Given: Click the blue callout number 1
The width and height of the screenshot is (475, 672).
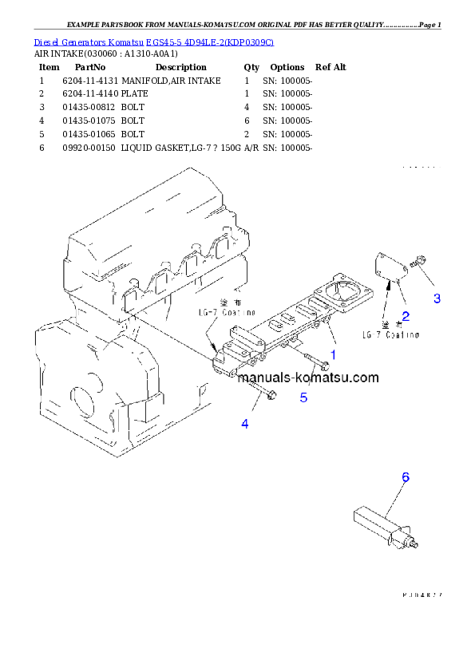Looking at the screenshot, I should click(x=333, y=353).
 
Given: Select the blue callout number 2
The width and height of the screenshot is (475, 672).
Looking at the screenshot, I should click(x=406, y=315).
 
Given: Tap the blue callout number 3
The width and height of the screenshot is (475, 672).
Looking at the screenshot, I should click(x=437, y=298).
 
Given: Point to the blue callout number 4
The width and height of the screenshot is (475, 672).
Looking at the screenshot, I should click(x=245, y=424).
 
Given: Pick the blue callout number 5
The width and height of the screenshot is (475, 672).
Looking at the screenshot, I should click(x=303, y=397).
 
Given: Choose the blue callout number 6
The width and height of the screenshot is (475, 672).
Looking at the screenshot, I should click(x=406, y=477).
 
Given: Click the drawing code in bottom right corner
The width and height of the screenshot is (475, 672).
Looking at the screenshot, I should click(x=422, y=595).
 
